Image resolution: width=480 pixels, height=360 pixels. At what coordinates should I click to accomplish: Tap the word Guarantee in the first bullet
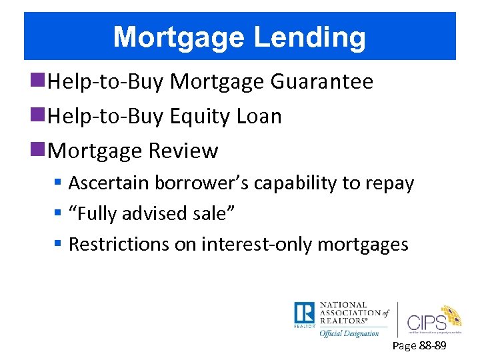(322, 82)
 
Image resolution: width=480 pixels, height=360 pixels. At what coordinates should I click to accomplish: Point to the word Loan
(259, 117)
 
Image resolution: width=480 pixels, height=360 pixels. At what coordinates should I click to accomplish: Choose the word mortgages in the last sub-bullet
(363, 245)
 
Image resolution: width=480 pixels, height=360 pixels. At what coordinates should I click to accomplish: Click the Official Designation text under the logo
(349, 333)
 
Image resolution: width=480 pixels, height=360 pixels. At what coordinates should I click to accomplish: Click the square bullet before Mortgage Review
(42, 151)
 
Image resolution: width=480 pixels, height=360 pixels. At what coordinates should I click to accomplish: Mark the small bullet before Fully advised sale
(59, 214)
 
